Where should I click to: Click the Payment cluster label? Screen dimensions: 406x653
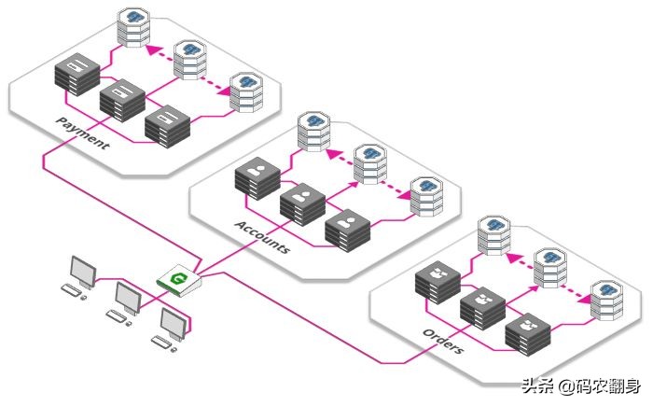click(x=82, y=133)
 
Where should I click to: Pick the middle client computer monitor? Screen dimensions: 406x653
click(x=127, y=298)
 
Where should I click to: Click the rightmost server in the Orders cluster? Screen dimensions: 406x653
click(x=526, y=333)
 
